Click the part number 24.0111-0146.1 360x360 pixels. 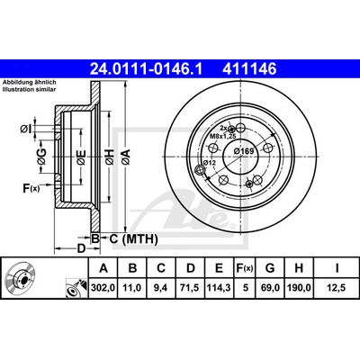147,69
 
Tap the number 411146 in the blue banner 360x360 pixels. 249,69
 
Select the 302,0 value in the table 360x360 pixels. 103,288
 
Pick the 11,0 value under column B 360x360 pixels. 132,288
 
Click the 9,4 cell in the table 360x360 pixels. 161,288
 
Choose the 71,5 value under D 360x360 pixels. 191,288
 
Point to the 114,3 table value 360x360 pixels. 219,288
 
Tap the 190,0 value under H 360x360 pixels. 299,288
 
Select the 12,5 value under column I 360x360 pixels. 337,288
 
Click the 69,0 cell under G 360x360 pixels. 270,288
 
